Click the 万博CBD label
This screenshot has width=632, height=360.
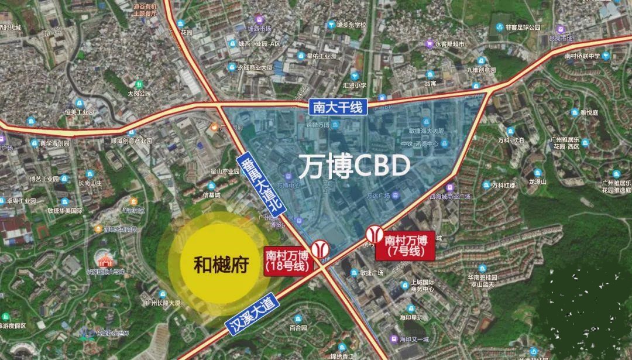pyautogui.click(x=354, y=166)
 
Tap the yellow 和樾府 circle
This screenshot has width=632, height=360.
pyautogui.click(x=221, y=264)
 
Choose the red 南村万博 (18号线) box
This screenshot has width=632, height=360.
pyautogui.click(x=288, y=260)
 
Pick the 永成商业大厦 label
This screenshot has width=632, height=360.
pyautogui.click(x=259, y=67)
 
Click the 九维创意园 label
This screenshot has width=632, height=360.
pyautogui.click(x=481, y=69)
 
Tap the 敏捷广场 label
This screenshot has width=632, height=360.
pyautogui.click(x=371, y=273)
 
